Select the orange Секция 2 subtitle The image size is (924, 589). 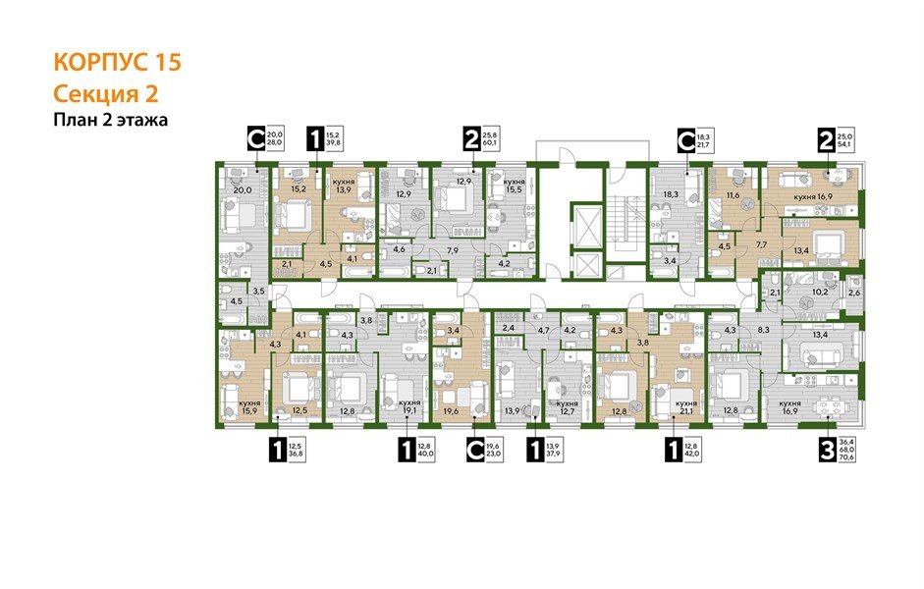105,94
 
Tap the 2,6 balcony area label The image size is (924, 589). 853,294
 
